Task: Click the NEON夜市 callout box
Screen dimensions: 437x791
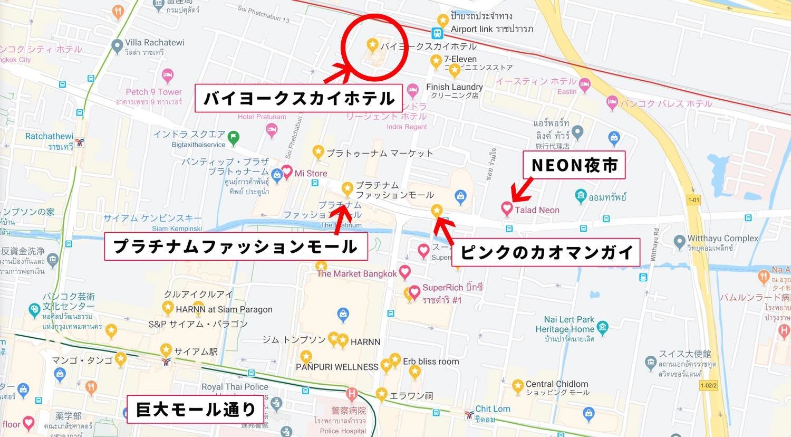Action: (x=574, y=165)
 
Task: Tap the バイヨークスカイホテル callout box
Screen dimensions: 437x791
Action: (x=298, y=98)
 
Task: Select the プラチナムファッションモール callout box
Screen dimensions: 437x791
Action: (x=236, y=246)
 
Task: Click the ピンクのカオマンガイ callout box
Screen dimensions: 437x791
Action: (x=547, y=252)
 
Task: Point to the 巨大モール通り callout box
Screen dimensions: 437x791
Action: (x=196, y=409)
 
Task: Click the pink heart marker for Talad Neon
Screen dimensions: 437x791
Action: (x=507, y=209)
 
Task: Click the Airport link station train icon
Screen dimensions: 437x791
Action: (x=437, y=34)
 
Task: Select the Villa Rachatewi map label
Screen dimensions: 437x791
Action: (x=155, y=43)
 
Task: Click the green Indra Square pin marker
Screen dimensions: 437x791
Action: (x=233, y=138)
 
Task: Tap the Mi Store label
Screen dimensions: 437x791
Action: (x=311, y=173)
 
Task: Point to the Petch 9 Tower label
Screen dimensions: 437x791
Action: (x=153, y=92)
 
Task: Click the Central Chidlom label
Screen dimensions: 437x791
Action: (x=556, y=384)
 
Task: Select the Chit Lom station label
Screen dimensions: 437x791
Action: (x=493, y=408)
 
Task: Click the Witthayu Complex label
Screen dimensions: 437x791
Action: (x=722, y=239)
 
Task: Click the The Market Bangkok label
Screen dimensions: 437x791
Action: (x=356, y=273)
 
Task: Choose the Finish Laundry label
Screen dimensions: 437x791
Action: (x=454, y=87)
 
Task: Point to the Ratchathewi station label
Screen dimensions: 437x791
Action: (x=49, y=136)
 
